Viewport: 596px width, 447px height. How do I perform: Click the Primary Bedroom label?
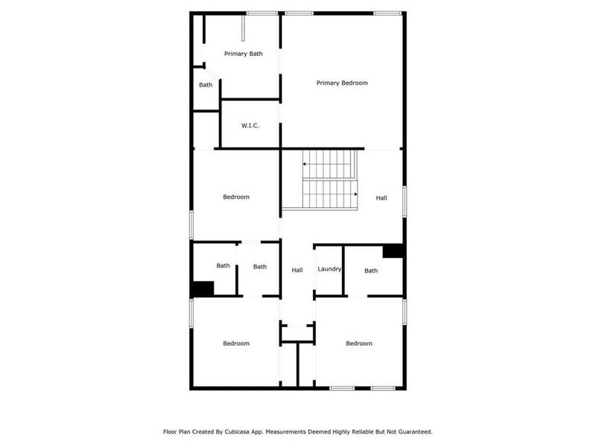pos(342,83)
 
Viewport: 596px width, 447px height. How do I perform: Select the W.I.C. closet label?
pos(250,125)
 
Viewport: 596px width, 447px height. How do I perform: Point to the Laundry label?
pos(329,269)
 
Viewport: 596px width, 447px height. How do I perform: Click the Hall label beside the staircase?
pos(381,198)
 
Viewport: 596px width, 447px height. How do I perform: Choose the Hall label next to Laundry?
pos(297,270)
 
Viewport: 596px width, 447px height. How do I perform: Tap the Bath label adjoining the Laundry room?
pos(371,270)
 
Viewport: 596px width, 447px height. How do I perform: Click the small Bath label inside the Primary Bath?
pos(206,85)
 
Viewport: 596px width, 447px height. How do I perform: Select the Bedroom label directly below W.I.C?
pos(236,197)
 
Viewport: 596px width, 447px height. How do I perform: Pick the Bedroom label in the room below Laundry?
pos(359,343)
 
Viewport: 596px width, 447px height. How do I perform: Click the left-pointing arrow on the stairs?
pos(305,163)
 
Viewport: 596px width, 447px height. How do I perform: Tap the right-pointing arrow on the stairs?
pos(355,194)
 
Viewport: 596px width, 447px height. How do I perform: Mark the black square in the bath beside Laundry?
pos(393,251)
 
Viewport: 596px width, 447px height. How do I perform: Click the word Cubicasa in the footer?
pos(234,431)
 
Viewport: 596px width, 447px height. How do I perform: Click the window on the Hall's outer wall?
pos(405,201)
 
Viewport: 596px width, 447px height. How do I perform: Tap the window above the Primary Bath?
pos(262,13)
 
